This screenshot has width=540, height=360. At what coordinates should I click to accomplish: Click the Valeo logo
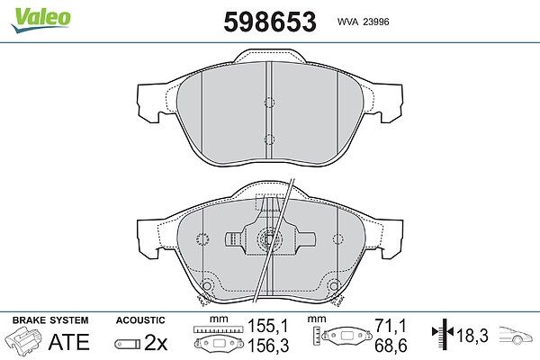40,20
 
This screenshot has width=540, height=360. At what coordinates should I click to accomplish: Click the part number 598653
270,22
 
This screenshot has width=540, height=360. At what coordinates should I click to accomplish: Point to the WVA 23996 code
363,22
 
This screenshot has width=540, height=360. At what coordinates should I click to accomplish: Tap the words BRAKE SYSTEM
50,320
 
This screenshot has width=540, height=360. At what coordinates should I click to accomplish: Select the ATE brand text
69,342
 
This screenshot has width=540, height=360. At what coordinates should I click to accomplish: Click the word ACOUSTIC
140,320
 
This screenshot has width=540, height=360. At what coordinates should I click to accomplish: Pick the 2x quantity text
156,342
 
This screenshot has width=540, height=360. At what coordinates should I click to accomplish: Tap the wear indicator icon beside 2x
127,344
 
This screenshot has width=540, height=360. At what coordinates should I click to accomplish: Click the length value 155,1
268,326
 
